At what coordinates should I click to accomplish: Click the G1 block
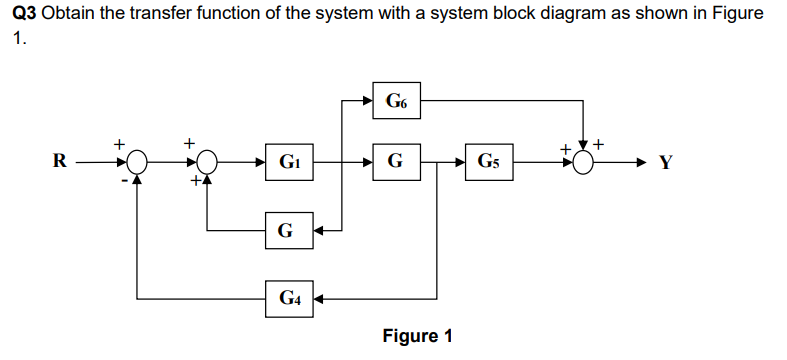pyautogui.click(x=289, y=162)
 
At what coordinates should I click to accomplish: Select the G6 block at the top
pyautogui.click(x=396, y=100)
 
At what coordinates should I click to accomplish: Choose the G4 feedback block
pyautogui.click(x=289, y=298)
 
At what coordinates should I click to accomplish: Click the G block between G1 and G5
pyautogui.click(x=396, y=162)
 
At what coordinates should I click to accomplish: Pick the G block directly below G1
pyautogui.click(x=289, y=231)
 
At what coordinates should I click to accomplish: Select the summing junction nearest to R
pyautogui.click(x=137, y=162)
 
